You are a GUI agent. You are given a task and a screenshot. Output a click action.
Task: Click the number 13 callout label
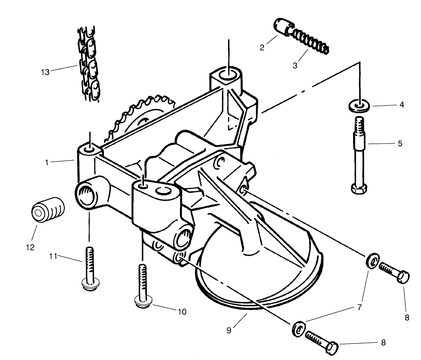45,71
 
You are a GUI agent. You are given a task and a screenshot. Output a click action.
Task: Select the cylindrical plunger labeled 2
282,27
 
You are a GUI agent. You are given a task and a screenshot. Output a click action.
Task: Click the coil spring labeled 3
311,41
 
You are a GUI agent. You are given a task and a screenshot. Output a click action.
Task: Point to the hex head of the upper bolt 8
404,275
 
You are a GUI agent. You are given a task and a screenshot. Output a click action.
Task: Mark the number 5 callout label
400,144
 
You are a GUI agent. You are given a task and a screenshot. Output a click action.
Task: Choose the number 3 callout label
295,66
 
